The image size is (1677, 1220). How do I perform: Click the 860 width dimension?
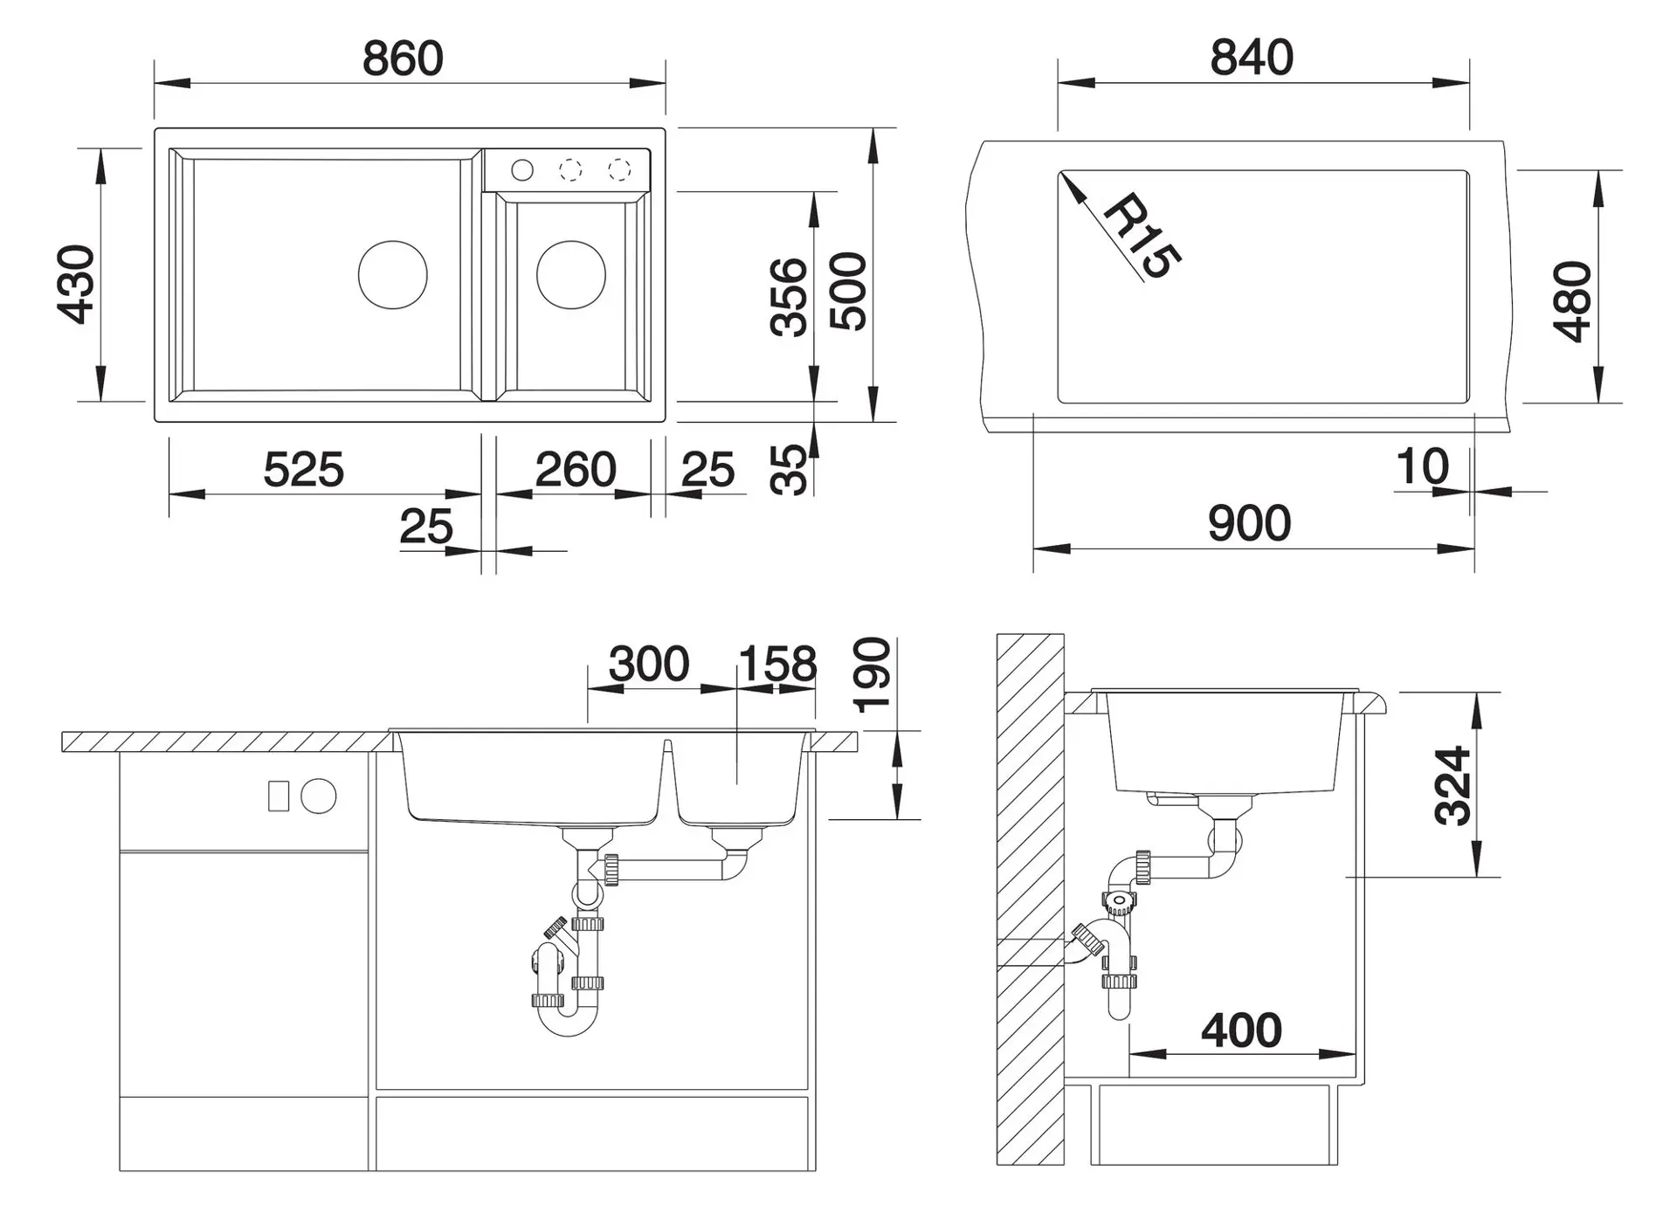[x=403, y=59]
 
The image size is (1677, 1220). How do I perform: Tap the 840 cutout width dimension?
[x=1252, y=58]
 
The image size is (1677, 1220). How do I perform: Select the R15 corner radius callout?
[x=1142, y=236]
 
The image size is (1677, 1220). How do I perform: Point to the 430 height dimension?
[x=76, y=285]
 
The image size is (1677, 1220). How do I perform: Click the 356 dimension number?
[x=790, y=296]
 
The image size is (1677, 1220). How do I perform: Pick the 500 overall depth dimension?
[x=848, y=292]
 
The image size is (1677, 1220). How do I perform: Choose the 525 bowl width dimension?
[x=304, y=470]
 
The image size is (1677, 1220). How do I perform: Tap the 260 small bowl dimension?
[x=576, y=470]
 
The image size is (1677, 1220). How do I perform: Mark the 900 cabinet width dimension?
[x=1249, y=524]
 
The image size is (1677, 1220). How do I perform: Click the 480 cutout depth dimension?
[x=1573, y=301]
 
